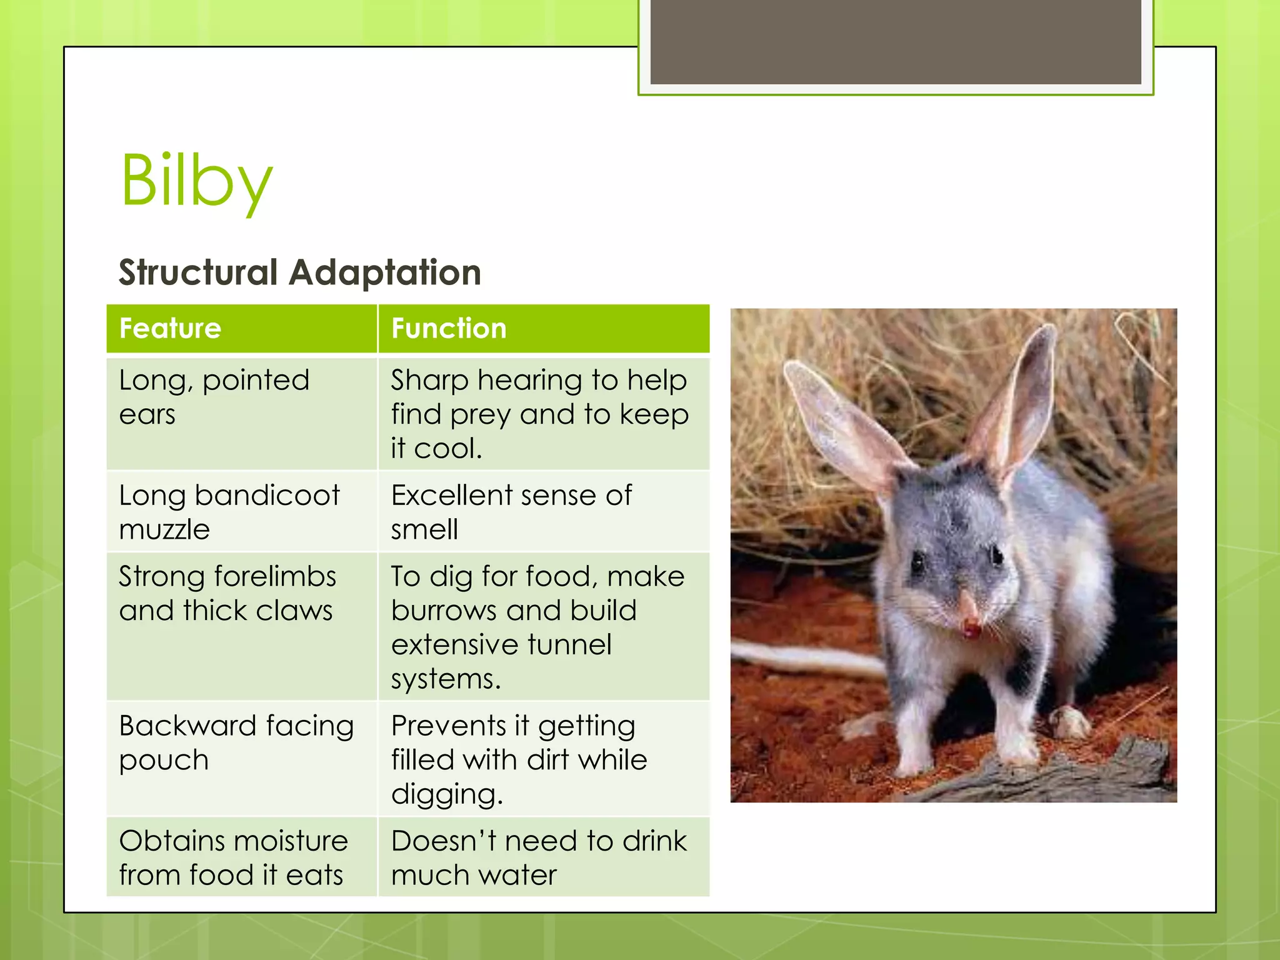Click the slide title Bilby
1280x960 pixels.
196,181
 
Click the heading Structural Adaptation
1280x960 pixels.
300,272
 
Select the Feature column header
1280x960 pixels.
170,329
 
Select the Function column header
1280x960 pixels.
449,329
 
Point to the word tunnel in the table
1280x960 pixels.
569,644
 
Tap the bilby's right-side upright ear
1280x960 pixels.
1025,400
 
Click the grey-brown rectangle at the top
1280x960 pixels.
895,42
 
